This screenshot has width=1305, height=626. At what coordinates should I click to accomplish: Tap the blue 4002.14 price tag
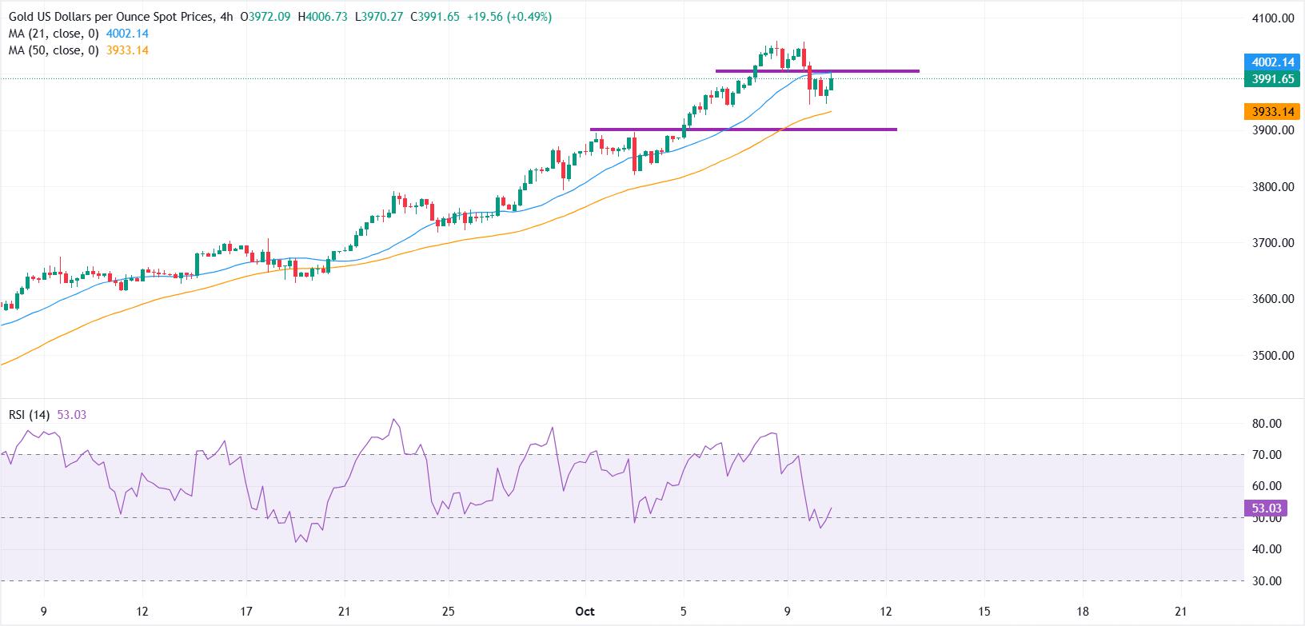click(x=1271, y=62)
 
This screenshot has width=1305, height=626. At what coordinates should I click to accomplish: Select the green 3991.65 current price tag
click(x=1271, y=79)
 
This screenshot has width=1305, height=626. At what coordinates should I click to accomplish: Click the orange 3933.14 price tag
click(x=1271, y=113)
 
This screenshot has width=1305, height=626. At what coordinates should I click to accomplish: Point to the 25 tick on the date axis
click(x=449, y=612)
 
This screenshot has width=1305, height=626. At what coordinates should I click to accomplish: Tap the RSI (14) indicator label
click(x=30, y=415)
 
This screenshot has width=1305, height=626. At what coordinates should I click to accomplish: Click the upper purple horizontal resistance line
click(x=816, y=71)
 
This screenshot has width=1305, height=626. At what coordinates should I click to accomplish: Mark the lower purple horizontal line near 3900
click(x=743, y=130)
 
